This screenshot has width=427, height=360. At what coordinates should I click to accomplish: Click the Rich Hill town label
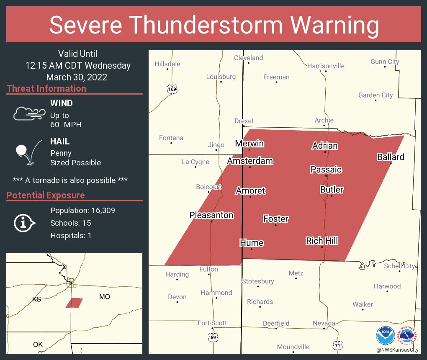click(322, 241)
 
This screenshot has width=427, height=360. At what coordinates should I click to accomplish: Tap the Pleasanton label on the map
click(211, 215)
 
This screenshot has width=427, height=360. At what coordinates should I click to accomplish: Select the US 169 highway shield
click(172, 89)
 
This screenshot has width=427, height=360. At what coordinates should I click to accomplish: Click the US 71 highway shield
click(338, 345)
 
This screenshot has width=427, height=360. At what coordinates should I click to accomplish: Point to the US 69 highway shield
click(213, 337)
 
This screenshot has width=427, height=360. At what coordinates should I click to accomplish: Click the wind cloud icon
click(28, 113)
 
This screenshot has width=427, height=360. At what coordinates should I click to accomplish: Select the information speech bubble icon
click(24, 223)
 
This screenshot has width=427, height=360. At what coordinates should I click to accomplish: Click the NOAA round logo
click(385, 335)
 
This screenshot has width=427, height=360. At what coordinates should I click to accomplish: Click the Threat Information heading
click(46, 89)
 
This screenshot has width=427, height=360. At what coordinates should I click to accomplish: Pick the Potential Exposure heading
click(46, 195)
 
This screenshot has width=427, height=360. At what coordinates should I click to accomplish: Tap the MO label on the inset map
click(105, 296)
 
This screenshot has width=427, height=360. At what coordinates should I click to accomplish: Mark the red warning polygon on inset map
click(74, 303)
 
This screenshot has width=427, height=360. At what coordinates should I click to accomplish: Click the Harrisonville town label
click(326, 66)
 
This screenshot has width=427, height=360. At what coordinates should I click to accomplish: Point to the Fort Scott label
click(212, 323)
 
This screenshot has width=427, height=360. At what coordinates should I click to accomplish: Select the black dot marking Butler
click(332, 196)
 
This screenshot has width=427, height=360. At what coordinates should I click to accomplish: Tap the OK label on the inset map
click(38, 345)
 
